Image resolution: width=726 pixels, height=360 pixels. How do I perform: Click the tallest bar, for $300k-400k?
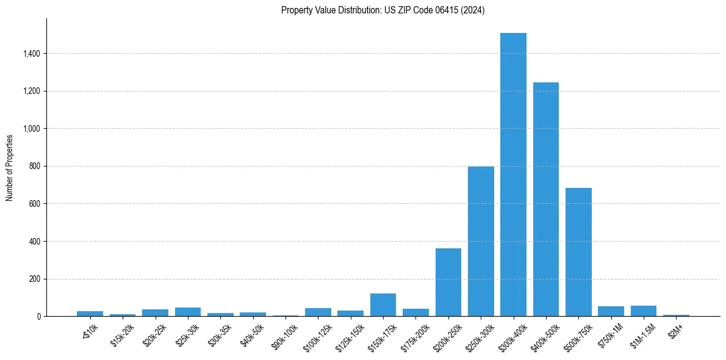[x=513, y=175]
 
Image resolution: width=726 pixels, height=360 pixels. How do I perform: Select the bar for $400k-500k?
[x=545, y=200]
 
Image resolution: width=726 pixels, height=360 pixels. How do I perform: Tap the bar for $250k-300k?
[x=481, y=242]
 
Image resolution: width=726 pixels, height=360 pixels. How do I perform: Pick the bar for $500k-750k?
[x=578, y=252]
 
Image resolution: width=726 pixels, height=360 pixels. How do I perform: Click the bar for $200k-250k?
[x=448, y=283]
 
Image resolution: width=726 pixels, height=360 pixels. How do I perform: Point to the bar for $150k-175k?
[x=383, y=305]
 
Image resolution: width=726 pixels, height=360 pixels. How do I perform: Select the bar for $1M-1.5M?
[x=644, y=311]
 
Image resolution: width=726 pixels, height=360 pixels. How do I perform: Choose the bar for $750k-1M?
[x=611, y=311]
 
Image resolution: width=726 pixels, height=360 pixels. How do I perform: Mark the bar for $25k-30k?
[x=188, y=312]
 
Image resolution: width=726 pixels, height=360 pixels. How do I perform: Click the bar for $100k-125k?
[x=318, y=312]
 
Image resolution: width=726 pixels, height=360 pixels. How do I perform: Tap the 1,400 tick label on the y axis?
[x=31, y=54]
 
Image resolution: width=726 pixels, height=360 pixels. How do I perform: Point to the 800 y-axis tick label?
[x=34, y=167]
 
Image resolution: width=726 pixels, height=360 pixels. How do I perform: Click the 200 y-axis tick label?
[x=34, y=279]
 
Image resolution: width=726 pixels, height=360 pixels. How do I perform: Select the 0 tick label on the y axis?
[x=38, y=317]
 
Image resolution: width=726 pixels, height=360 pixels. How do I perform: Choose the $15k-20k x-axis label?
[x=121, y=334]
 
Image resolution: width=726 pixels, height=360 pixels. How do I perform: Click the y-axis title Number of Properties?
[x=10, y=168]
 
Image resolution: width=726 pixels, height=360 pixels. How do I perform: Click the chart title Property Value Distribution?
[x=383, y=10]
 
